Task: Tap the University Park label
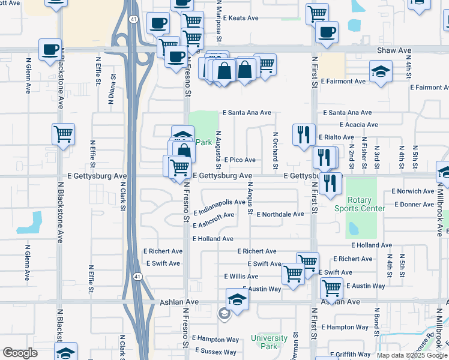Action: click(268, 342)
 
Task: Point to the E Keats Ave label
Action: click(240, 19)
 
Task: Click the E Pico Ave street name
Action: click(240, 160)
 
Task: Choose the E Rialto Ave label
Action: click(336, 137)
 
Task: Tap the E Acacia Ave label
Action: click(358, 125)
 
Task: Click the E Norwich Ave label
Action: click(412, 191)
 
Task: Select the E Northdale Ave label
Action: click(280, 214)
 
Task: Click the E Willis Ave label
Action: click(241, 277)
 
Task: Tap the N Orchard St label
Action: click(276, 146)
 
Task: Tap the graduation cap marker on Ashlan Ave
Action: click(237, 299)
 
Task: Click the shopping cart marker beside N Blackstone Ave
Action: click(63, 134)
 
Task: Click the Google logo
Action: click(20, 353)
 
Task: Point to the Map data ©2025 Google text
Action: click(411, 355)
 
